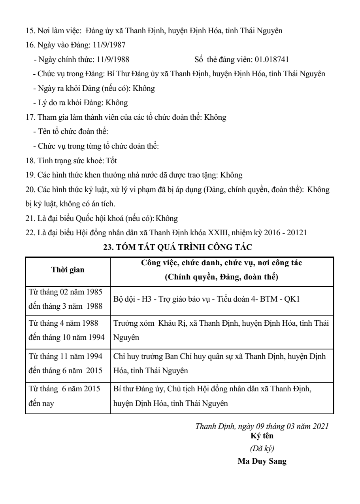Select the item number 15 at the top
[x=29, y=30]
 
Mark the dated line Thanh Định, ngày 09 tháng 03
[x=262, y=427]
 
